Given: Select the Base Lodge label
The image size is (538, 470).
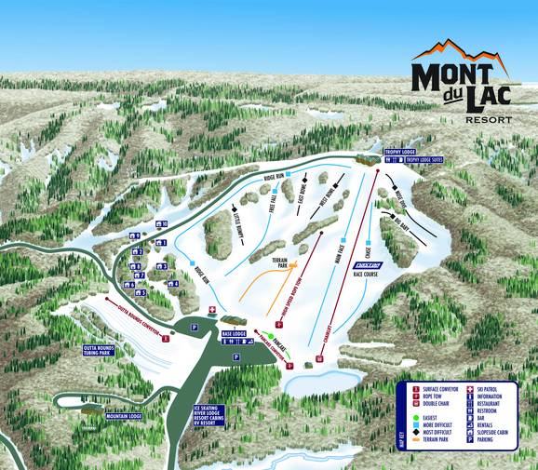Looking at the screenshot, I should tap(234, 332).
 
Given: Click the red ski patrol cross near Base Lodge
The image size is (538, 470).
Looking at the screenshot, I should tap(212, 310).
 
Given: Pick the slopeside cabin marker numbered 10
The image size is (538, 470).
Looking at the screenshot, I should tap(161, 224).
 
